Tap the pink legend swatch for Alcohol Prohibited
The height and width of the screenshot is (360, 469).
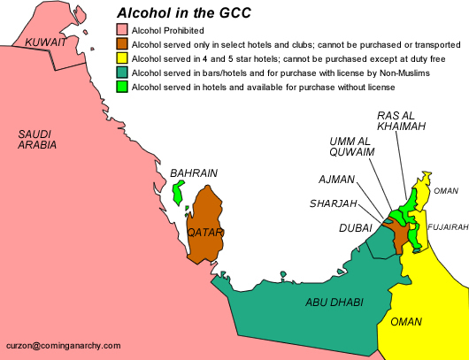pyautogui.click(x=122, y=28)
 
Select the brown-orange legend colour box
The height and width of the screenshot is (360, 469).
pyautogui.click(x=122, y=43)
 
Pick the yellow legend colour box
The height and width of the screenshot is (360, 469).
pyautogui.click(x=122, y=58)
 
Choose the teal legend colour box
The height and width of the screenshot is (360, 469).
pyautogui.click(x=122, y=73)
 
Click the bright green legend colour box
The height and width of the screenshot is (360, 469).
pyautogui.click(x=122, y=87)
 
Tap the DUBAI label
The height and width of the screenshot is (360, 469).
pyautogui.click(x=355, y=227)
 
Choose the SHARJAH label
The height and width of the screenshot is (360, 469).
pyautogui.click(x=334, y=203)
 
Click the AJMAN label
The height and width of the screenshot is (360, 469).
pyautogui.click(x=336, y=180)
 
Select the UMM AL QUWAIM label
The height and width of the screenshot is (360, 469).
pyautogui.click(x=351, y=147)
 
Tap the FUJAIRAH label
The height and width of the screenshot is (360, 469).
pyautogui.click(x=446, y=227)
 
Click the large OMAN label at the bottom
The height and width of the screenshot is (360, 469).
pyautogui.click(x=406, y=321)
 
